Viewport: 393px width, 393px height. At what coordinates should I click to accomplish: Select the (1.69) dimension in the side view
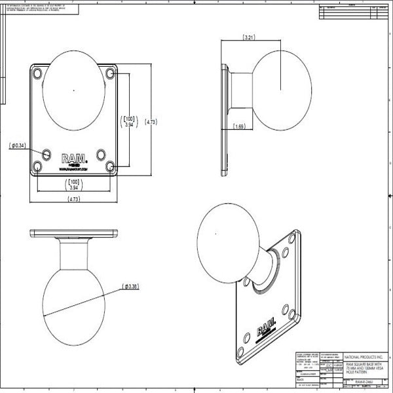click(x=240, y=126)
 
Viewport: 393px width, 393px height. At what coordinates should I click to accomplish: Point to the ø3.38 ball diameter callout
click(x=129, y=286)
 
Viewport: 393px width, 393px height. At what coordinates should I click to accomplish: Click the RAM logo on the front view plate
click(x=73, y=158)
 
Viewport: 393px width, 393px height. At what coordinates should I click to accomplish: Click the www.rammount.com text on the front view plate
click(x=73, y=168)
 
